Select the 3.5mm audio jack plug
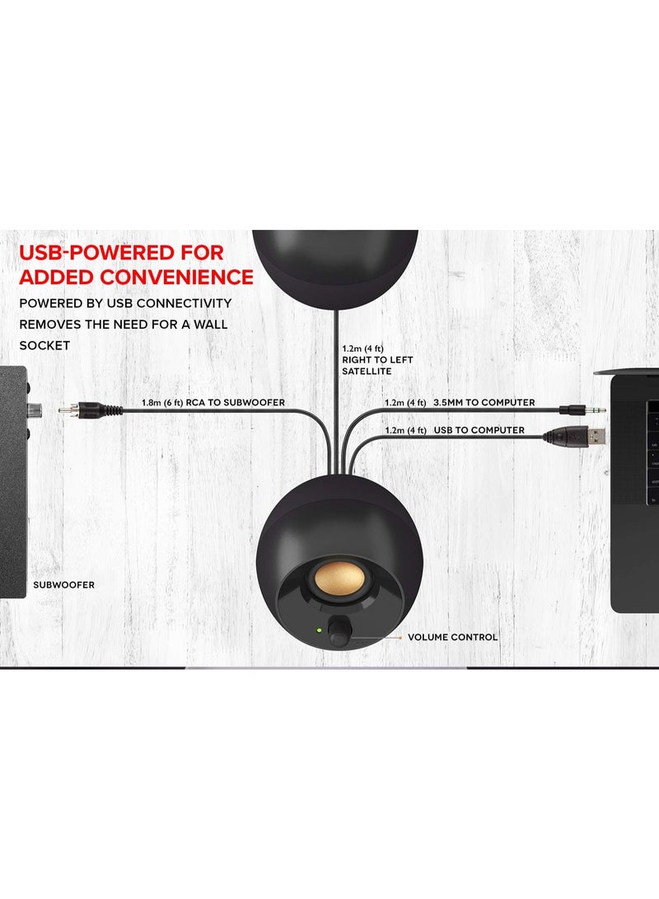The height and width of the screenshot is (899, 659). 582,410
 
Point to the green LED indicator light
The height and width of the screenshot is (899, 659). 319,630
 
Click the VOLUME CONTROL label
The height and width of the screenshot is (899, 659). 452,637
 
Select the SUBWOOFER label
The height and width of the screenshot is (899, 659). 63,585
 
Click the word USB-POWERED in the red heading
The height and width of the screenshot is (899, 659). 121,252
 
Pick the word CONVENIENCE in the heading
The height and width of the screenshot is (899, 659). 176,277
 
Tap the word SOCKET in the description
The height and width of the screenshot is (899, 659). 44,346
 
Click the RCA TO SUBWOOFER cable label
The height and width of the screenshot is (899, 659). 236,402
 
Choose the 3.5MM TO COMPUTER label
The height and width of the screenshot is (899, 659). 484,402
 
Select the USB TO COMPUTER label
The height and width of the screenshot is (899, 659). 479,430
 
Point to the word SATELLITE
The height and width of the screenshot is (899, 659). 367,372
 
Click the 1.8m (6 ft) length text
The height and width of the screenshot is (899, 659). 162,402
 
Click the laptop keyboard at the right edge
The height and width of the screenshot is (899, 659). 652,453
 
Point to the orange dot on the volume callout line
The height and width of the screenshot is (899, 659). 400,637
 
